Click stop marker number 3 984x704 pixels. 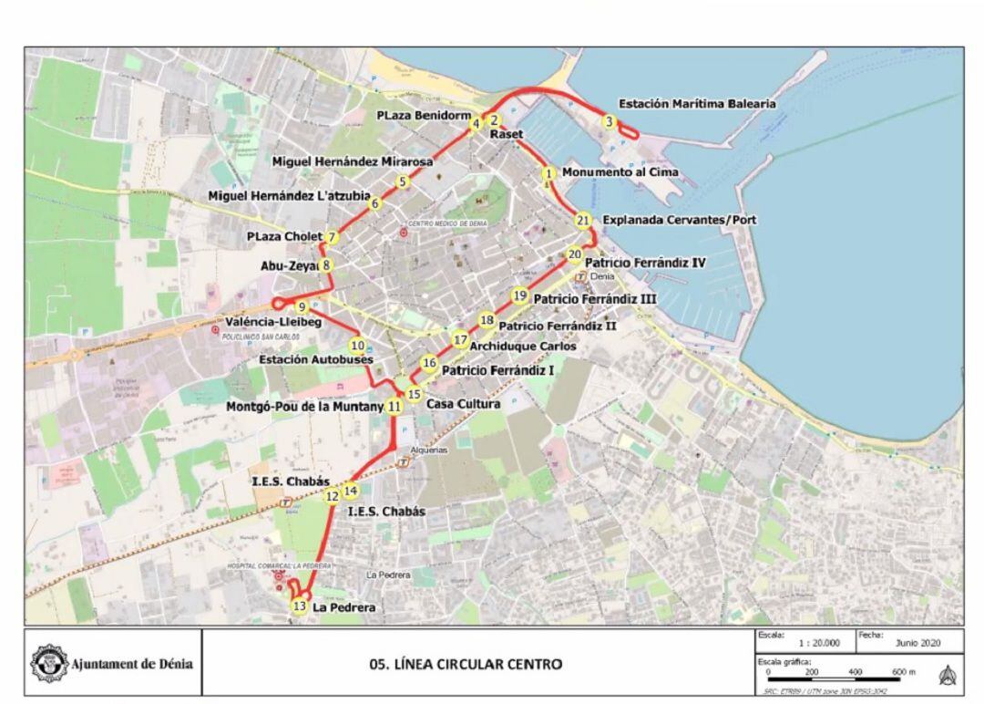pos(609,121)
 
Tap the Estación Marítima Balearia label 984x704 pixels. pos(697,104)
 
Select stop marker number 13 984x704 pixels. pos(299,606)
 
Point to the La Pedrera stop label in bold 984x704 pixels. pos(343,607)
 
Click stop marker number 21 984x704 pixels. pos(583,220)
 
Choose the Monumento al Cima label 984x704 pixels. pos(620,172)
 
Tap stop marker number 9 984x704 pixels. pos(301,306)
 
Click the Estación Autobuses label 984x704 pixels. pos(315,360)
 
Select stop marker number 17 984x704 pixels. pos(460,340)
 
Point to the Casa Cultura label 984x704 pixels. pos(463,404)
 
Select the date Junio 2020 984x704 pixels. pos(917,643)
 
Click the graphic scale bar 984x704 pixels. pos(834,680)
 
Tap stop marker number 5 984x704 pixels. pos(403,181)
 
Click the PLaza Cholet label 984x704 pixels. pos(284,237)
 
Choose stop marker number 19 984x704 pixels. pos(519,295)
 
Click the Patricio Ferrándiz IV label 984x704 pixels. pos(645,263)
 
